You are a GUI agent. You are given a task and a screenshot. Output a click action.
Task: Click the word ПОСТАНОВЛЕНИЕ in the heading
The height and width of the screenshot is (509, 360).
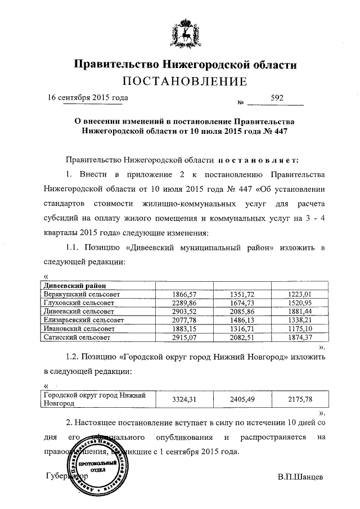(185, 82)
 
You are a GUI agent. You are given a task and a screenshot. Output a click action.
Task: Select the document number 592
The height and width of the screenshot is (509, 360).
(277, 97)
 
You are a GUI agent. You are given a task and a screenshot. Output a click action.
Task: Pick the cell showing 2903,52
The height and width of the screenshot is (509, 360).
(186, 311)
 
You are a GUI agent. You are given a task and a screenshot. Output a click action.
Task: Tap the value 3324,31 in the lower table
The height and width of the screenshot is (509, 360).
(186, 399)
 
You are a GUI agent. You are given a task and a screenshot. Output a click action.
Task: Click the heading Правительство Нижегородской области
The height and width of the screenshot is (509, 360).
(186, 65)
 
